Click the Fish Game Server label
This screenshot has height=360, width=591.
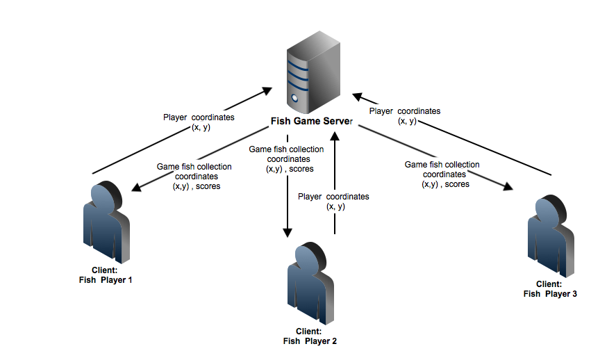click(x=311, y=122)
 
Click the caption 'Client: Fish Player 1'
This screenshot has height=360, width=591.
click(x=106, y=275)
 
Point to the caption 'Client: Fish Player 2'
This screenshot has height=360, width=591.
click(x=310, y=336)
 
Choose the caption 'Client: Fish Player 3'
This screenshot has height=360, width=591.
click(x=549, y=288)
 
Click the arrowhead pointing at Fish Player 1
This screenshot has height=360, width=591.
click(x=135, y=188)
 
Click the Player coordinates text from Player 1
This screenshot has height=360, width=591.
click(x=199, y=122)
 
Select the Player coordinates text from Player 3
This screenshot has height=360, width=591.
click(x=406, y=115)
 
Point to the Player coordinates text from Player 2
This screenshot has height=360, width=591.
click(x=334, y=202)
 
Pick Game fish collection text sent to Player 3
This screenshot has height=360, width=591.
click(x=442, y=174)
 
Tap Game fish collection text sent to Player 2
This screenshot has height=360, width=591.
click(x=287, y=158)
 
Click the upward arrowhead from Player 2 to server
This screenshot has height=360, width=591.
click(x=335, y=137)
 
